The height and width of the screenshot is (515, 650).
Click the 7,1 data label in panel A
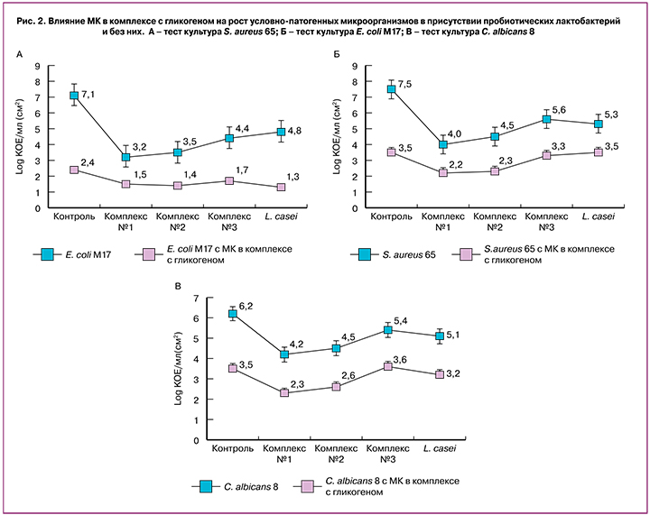tap(88, 93)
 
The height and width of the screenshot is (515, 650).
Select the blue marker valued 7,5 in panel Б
tap(392, 89)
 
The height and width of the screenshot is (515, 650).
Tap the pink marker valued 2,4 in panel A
tap(74, 170)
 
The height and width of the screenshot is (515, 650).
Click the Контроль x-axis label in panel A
tap(74, 217)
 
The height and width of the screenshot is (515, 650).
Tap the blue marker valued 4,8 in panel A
tap(281, 132)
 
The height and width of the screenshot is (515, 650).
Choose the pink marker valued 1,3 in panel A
tap(281, 187)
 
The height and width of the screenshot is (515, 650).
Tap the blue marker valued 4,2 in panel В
tap(284, 354)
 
